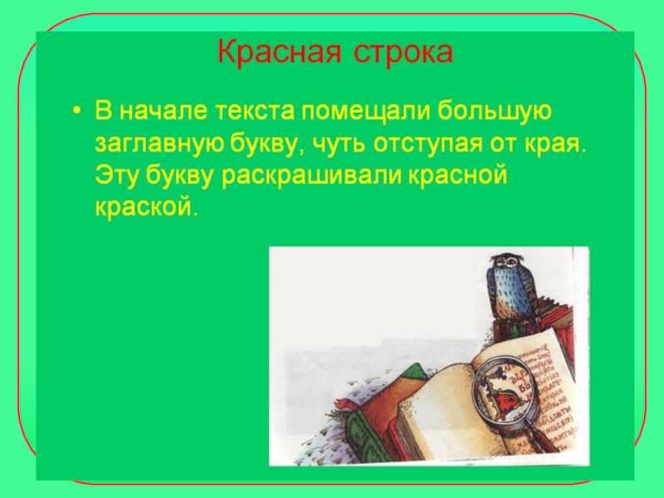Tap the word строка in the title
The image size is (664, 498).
point(403,53)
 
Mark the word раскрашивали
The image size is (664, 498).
point(310,176)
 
